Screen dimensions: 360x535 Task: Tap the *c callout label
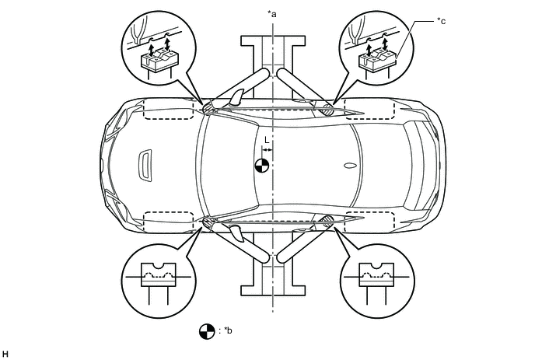[x=442, y=22]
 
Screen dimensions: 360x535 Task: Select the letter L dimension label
[x=267, y=139]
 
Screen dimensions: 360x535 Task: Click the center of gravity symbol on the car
[x=263, y=165]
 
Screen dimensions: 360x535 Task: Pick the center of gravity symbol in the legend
[x=207, y=330]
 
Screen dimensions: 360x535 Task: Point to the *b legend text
[x=228, y=330]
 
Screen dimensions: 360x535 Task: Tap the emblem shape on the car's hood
[x=144, y=165]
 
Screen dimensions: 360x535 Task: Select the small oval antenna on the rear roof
[x=349, y=165]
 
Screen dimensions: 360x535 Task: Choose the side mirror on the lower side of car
[x=236, y=233]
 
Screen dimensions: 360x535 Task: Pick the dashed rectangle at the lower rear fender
[x=370, y=222]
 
